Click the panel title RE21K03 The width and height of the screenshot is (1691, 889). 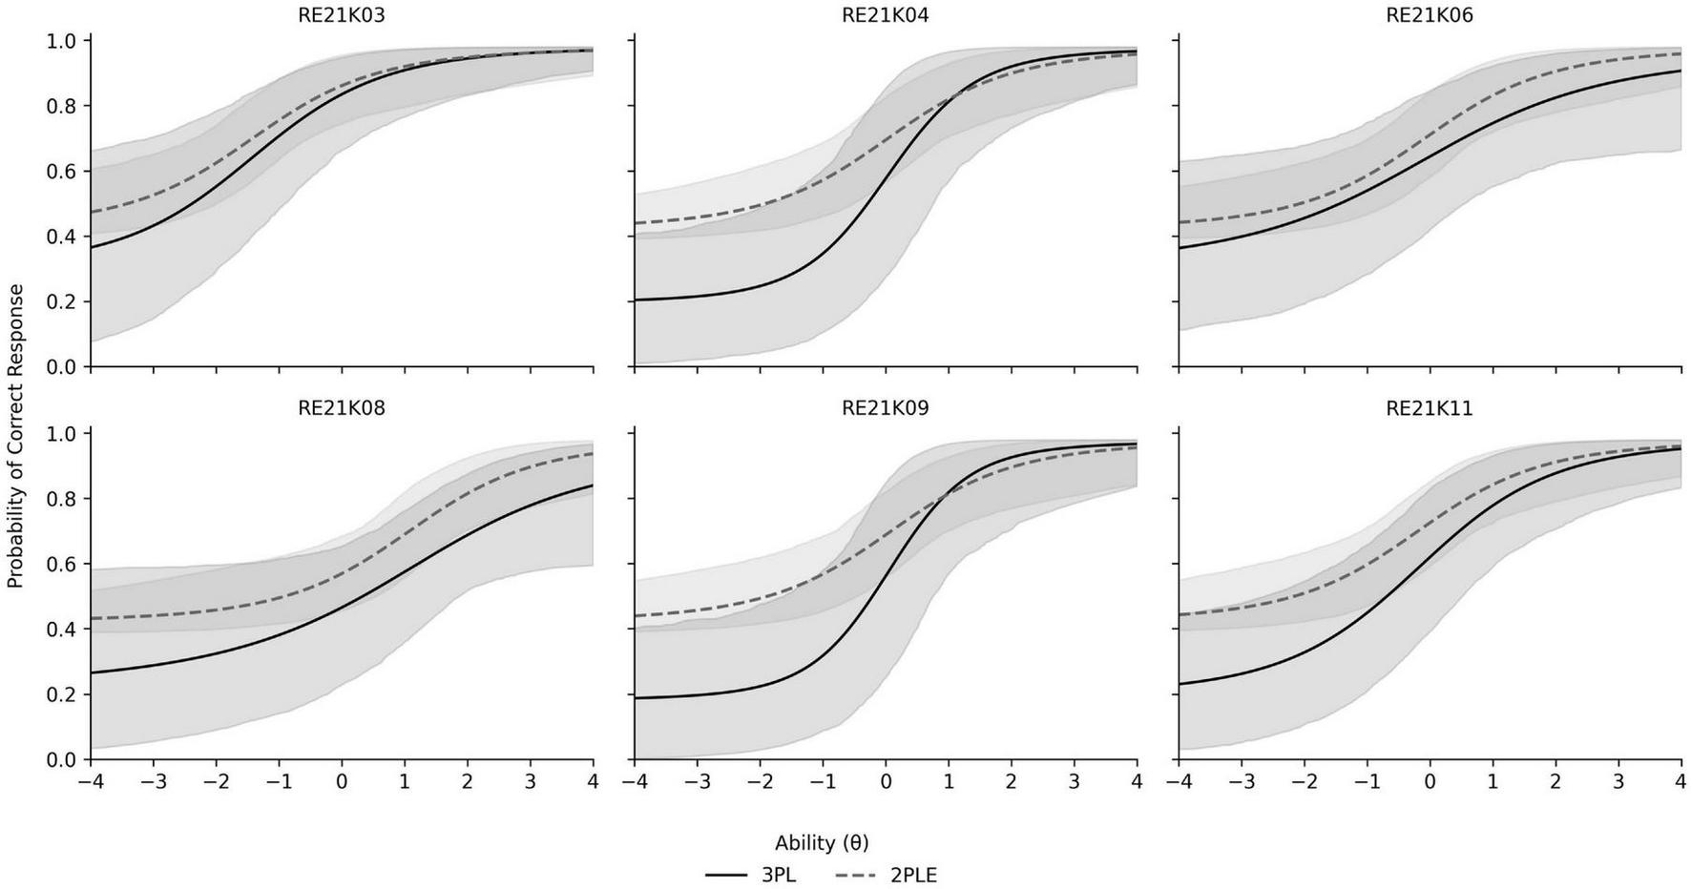tap(342, 15)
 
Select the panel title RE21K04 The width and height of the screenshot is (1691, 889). tap(885, 15)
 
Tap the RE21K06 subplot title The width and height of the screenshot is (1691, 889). tap(1429, 15)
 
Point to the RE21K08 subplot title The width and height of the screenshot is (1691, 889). tap(342, 408)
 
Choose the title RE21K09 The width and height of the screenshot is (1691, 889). tap(885, 408)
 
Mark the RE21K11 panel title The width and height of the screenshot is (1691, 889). tap(1429, 408)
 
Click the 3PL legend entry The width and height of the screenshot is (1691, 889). tap(751, 875)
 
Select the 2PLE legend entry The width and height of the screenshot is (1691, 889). tap(887, 875)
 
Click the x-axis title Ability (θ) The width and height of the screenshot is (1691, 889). tap(822, 842)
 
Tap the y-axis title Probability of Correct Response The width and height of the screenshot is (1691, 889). tap(15, 436)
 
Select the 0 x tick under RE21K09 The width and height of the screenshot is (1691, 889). tap(886, 781)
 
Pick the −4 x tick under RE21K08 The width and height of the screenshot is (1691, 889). tap(90, 781)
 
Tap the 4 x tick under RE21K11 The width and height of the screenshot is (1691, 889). tap(1681, 781)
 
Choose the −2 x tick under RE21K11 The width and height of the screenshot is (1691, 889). tap(1304, 781)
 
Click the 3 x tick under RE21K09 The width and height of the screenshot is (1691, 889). tap(1074, 781)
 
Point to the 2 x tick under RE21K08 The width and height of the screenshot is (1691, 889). tap(468, 781)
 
